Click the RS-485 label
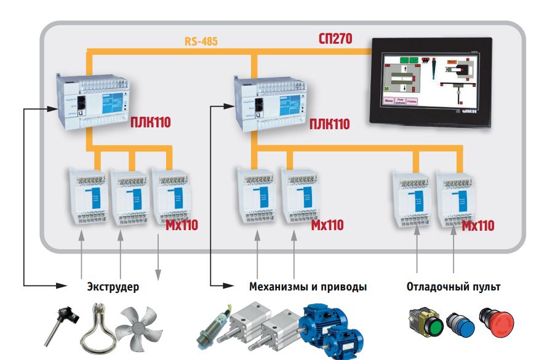tap(201, 42)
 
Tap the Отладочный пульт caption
tap(453, 287)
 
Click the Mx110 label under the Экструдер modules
tap(182, 225)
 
